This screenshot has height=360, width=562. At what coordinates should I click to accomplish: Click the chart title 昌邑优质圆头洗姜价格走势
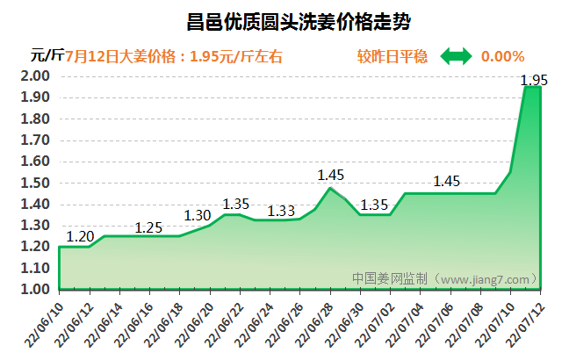coord(281,21)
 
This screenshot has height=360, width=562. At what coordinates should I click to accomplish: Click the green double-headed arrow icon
coord(456,56)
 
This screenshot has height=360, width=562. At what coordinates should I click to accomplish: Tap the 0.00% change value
coord(502,56)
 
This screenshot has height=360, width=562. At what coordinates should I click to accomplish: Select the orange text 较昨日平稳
coord(393,56)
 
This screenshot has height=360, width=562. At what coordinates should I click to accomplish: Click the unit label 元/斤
coord(47,55)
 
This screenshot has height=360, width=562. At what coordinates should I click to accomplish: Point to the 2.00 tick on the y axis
coord(34,76)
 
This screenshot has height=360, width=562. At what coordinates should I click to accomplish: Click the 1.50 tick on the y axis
coord(34,183)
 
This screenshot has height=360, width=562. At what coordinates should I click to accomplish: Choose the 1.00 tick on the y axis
coord(34,289)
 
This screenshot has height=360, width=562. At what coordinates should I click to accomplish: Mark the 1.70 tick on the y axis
coord(34,140)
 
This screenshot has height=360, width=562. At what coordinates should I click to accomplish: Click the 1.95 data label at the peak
coord(534,81)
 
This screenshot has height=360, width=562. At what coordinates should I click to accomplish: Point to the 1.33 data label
coord(281,210)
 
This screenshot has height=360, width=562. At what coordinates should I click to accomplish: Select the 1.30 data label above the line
coord(198,215)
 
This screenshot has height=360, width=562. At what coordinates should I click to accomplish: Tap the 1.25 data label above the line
coord(148,227)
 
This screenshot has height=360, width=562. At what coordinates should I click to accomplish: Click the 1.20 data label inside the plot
coord(80,236)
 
